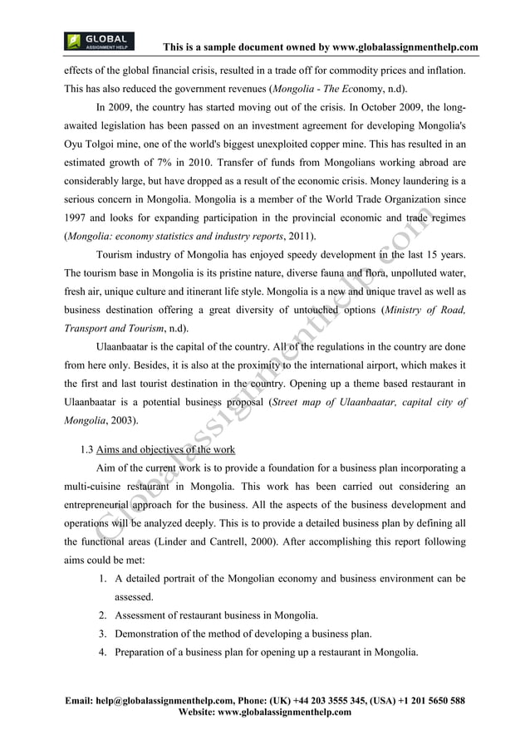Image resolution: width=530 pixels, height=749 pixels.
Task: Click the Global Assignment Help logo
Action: coord(99,42)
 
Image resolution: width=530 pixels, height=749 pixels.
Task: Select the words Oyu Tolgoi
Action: coord(91,144)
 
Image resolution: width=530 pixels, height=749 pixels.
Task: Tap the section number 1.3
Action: coord(86,451)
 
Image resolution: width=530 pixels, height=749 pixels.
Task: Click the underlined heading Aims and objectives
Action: coord(165,451)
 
